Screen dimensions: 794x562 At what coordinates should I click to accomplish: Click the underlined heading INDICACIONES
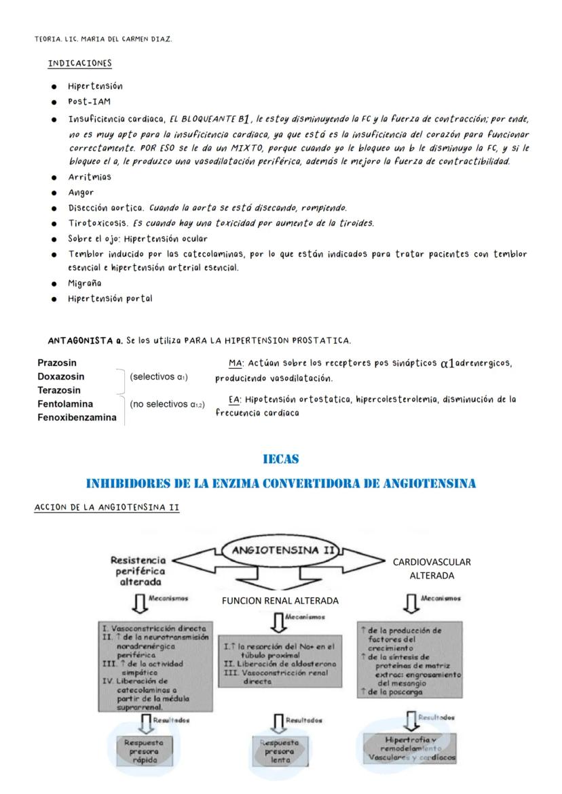pyautogui.click(x=79, y=63)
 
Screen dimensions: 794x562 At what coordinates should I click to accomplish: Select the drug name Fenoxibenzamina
pyautogui.click(x=77, y=418)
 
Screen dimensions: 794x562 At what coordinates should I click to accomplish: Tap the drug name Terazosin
pyautogui.click(x=58, y=390)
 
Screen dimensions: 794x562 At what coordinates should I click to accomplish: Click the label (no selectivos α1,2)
pyautogui.click(x=167, y=404)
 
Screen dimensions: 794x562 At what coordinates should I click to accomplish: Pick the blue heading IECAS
pyautogui.click(x=280, y=460)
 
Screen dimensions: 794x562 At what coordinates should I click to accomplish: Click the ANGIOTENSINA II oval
pyautogui.click(x=283, y=551)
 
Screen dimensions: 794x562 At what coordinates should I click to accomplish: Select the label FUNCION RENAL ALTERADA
pyautogui.click(x=280, y=601)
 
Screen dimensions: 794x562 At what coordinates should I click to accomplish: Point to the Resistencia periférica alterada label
pyautogui.click(x=138, y=572)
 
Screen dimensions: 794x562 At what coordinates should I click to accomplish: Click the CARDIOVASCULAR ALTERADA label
pyautogui.click(x=432, y=568)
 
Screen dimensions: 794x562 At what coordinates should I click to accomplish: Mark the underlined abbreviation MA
pyautogui.click(x=236, y=363)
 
